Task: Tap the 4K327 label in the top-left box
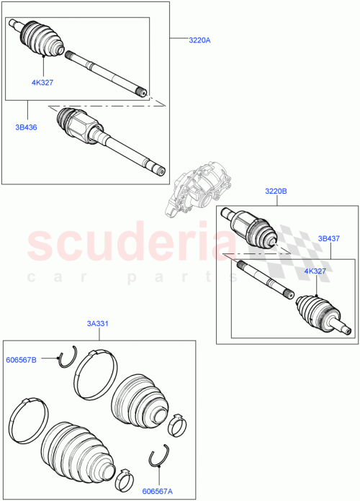[42, 82]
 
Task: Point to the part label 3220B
[276, 192]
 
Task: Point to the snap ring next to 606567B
[68, 356]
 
